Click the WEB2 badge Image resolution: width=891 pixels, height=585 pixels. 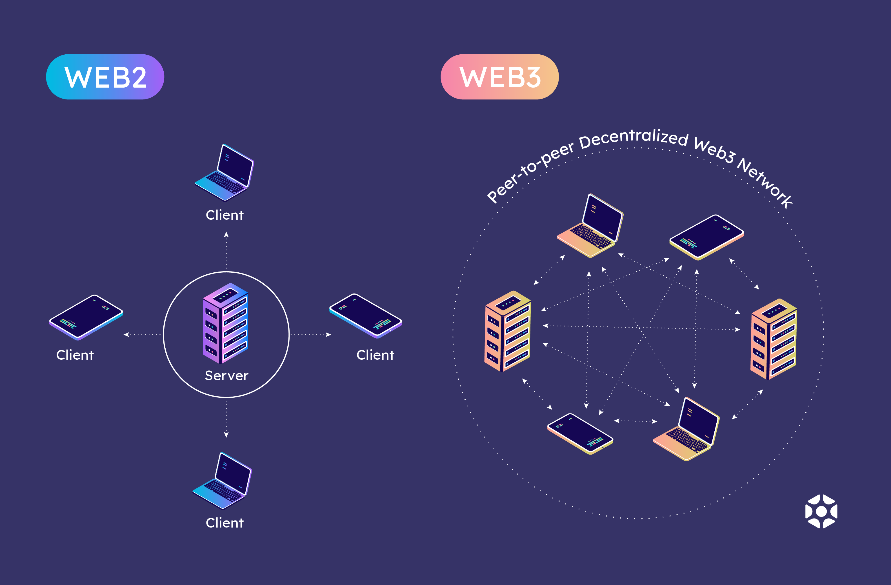point(105,77)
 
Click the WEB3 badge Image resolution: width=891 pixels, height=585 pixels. point(499,77)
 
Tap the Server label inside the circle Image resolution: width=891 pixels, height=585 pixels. point(226,375)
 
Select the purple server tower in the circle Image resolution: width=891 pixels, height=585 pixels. point(225,323)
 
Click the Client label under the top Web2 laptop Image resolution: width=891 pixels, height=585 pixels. point(225,215)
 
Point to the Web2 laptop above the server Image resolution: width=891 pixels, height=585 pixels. point(224,173)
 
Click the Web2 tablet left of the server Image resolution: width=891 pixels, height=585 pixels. point(86,317)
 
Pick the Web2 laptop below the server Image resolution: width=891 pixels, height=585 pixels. point(222,481)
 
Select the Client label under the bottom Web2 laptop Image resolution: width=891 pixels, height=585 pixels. point(225,523)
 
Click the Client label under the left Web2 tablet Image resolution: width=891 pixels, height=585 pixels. point(75,355)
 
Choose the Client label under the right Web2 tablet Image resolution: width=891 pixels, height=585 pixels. point(375,355)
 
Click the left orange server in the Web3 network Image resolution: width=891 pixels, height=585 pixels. point(508,331)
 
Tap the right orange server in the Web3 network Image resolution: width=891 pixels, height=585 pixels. point(774,339)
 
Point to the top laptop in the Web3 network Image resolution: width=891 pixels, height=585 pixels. point(590,226)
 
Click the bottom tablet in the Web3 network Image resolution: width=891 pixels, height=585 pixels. point(580,434)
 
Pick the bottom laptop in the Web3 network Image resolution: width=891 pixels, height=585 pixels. point(686,429)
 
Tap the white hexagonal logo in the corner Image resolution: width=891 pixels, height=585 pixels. point(821,511)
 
